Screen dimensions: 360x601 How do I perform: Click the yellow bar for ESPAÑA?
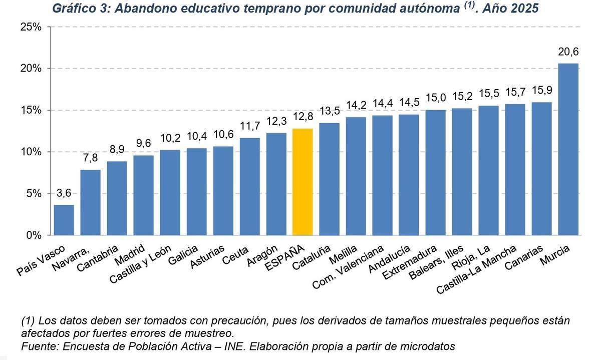pos(303,182)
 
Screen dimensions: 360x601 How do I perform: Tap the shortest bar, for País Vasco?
pos(64,220)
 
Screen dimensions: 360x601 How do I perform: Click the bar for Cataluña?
pos(329,179)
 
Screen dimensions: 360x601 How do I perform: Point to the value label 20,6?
pos(568,52)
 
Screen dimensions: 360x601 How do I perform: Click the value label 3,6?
pos(64,193)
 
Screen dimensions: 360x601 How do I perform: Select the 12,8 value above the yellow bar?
pos(303,117)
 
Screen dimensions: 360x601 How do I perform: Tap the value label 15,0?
pos(435,98)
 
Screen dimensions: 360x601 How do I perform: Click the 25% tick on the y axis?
pos(31,27)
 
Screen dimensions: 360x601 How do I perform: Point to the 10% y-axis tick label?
pos(31,152)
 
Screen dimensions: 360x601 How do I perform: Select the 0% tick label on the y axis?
pos(34,235)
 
